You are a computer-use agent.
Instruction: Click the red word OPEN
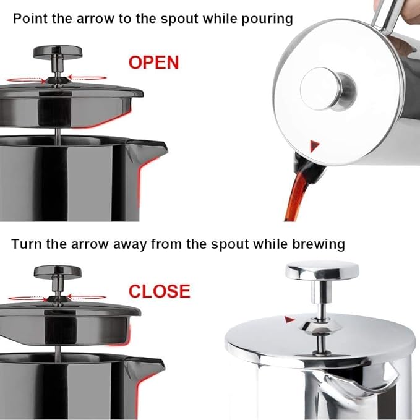click(154, 62)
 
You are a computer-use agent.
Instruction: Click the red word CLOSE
click(158, 291)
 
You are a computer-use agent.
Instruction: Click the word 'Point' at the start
click(30, 19)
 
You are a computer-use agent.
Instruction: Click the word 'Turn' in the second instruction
click(27, 244)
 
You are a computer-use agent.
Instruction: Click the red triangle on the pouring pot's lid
click(316, 146)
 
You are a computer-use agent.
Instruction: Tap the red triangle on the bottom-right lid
click(288, 319)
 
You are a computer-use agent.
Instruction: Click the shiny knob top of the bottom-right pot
click(322, 270)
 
